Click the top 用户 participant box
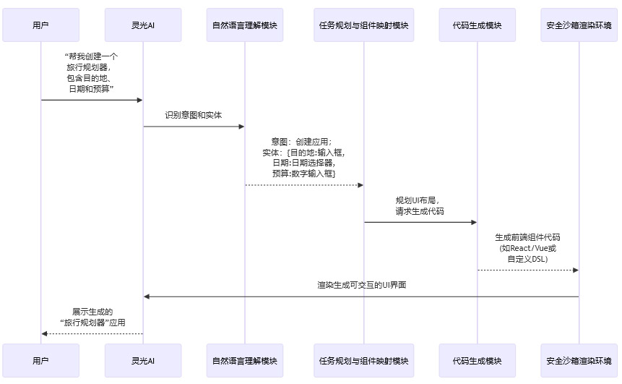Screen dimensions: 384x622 click(x=41, y=25)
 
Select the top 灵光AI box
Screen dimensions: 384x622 click(x=143, y=25)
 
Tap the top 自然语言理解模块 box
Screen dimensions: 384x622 click(x=245, y=25)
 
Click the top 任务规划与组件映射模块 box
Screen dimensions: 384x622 click(x=364, y=25)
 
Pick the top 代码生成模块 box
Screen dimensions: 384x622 click(x=478, y=25)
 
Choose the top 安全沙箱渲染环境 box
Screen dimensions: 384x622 click(x=579, y=25)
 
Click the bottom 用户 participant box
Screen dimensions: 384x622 click(x=41, y=360)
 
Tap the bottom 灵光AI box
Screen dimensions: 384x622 click(x=143, y=360)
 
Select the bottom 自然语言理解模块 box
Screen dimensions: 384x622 click(x=245, y=360)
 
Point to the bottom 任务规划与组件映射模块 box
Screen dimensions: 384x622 click(x=364, y=360)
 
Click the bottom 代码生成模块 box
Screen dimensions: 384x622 click(x=478, y=360)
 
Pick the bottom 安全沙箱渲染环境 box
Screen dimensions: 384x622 click(x=579, y=360)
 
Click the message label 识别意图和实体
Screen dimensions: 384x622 click(x=194, y=115)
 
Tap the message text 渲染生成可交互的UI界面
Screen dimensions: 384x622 click(x=361, y=285)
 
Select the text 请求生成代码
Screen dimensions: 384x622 click(x=420, y=211)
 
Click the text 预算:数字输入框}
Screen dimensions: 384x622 click(x=304, y=174)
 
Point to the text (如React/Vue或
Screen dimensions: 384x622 click(x=528, y=248)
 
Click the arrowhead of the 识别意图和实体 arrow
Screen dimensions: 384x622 click(x=241, y=127)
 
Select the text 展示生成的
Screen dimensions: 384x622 click(x=92, y=312)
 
